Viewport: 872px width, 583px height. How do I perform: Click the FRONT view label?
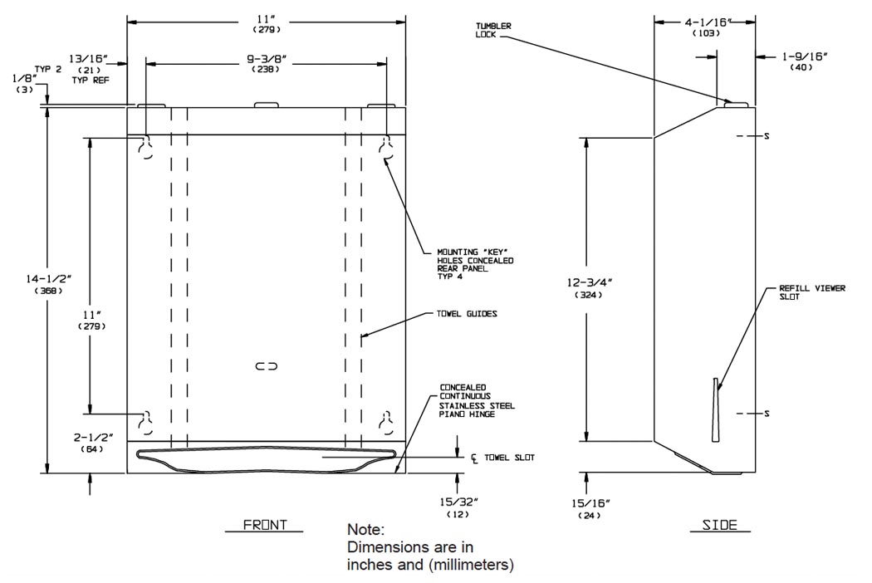click(x=264, y=525)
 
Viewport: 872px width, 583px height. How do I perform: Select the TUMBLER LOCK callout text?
click(x=493, y=30)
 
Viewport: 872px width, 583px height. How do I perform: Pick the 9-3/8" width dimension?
click(x=267, y=65)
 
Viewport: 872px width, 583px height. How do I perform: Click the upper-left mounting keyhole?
click(x=146, y=148)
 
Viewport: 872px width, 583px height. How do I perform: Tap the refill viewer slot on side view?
click(x=715, y=410)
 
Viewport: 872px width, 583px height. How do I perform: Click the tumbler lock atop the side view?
click(x=736, y=102)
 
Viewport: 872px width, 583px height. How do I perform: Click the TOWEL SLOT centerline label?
click(x=502, y=457)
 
